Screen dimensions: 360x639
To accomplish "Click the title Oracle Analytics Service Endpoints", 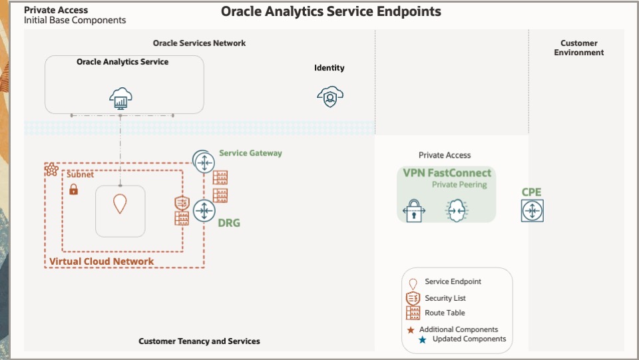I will tap(331, 11).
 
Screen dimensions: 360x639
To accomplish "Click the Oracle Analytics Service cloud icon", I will tap(120, 98).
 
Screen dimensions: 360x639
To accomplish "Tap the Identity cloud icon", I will tap(330, 97).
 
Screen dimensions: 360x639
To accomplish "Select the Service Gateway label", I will tap(250, 153).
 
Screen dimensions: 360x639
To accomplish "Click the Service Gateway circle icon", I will tap(203, 160).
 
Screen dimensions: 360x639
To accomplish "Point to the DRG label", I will tap(229, 223).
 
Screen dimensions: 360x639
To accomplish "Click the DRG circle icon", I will tap(204, 211).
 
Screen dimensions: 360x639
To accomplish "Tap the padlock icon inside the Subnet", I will tap(73, 190).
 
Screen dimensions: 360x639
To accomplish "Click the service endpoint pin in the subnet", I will tap(120, 204).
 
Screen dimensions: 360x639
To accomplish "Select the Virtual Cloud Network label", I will tap(101, 262).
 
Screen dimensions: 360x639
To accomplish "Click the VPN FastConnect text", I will tap(447, 173).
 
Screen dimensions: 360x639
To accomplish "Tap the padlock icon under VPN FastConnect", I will tap(414, 211).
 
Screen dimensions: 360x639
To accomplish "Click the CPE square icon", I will tap(532, 211).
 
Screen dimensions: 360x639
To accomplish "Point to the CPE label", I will tap(531, 192).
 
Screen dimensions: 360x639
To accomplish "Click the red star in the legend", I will tap(411, 330).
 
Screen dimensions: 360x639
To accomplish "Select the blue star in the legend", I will tap(423, 339).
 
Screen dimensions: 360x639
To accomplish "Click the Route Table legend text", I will tap(445, 313).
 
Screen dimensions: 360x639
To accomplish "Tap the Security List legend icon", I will tap(413, 298).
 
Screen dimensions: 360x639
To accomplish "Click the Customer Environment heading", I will tap(578, 48).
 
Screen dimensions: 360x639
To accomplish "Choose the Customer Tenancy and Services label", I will tap(199, 341).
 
